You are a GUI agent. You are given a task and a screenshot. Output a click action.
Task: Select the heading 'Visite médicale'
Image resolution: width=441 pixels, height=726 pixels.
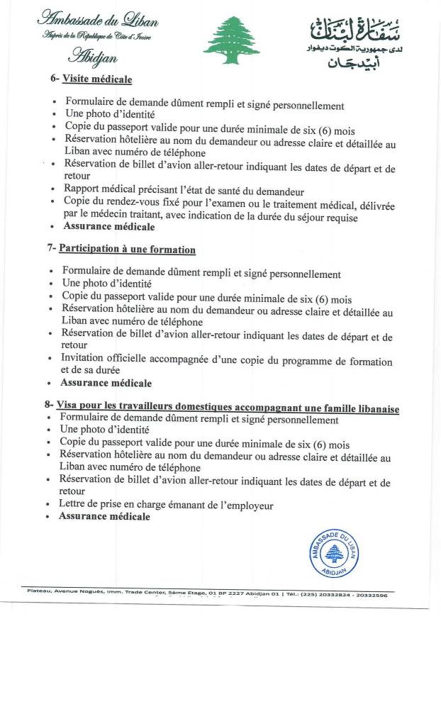coord(97,79)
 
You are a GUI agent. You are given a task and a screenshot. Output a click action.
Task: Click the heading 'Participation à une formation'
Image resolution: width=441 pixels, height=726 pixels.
coord(127,250)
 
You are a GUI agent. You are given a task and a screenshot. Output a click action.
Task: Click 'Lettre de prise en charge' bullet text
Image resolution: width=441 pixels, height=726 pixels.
coord(118,505)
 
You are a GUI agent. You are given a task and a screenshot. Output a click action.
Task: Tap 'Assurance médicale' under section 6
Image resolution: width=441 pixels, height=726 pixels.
coord(109,227)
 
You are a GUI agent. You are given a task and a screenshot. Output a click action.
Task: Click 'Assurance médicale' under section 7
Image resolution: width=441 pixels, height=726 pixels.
coord(106,383)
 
